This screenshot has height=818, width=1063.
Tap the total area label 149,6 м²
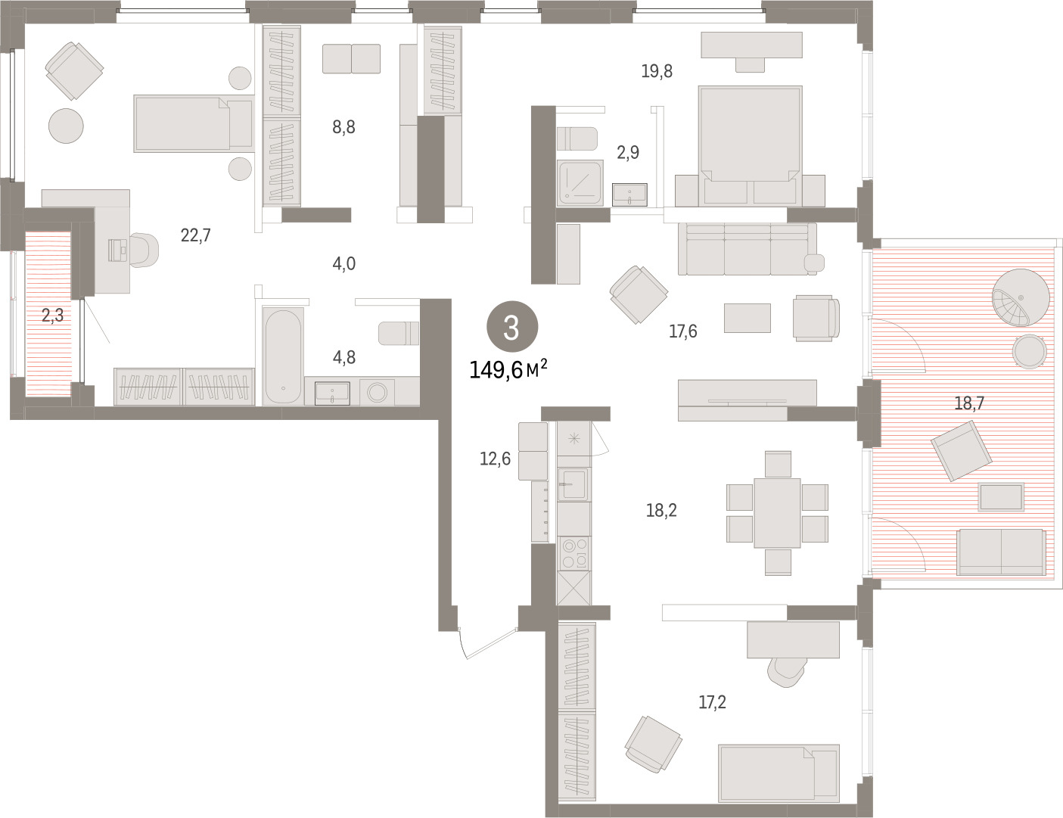tap(508, 369)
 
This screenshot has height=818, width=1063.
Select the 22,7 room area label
tap(196, 235)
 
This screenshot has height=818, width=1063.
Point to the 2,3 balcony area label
tap(52, 316)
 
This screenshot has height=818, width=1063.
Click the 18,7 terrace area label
tap(969, 403)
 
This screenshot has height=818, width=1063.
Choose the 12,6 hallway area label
tap(495, 459)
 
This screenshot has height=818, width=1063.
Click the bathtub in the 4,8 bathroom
tap(282, 356)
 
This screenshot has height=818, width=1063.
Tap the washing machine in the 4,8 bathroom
tap(378, 392)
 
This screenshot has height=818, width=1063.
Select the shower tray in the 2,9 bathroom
tap(580, 182)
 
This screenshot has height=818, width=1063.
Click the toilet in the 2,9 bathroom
tap(577, 139)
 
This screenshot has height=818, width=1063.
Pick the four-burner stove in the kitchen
tap(573, 553)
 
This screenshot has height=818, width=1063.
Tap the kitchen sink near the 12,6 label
tap(573, 484)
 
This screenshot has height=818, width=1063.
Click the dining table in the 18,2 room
tap(777, 513)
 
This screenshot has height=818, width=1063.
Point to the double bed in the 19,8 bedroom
tap(750, 146)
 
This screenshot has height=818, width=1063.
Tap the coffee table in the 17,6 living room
tap(747, 318)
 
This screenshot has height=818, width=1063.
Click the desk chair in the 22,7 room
tap(144, 250)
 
